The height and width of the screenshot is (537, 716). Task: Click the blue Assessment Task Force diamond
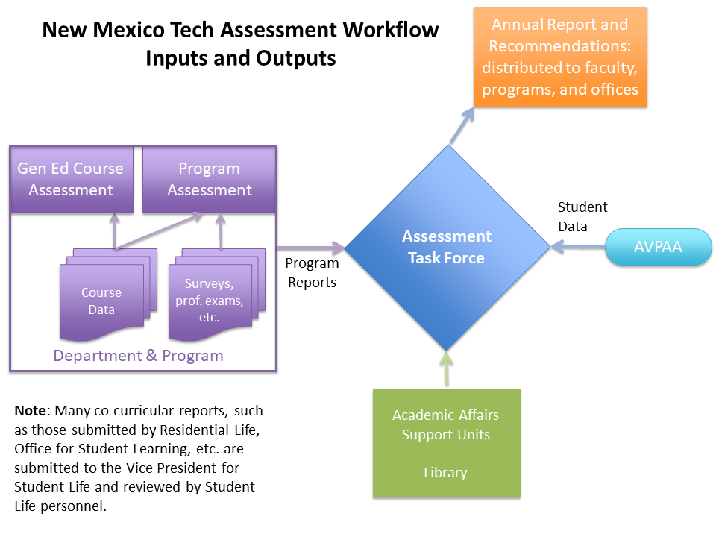(447, 248)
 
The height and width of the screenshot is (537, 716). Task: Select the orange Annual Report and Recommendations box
(560, 57)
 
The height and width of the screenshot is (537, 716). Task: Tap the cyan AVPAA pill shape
(658, 247)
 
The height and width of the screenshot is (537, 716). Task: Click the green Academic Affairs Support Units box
(447, 443)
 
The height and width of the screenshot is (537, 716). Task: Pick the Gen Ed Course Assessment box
(72, 180)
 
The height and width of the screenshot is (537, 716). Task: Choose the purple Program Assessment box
(209, 180)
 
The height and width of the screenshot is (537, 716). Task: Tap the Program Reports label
(312, 273)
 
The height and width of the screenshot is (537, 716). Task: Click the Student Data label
(582, 216)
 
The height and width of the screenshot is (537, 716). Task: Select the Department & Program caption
(139, 355)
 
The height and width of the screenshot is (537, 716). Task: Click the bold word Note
(30, 410)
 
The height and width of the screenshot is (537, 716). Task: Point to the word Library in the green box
(445, 473)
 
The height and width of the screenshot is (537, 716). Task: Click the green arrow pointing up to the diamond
(447, 369)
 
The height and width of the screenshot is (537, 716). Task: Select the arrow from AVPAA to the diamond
(578, 247)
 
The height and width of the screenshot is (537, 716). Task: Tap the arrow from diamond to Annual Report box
(462, 126)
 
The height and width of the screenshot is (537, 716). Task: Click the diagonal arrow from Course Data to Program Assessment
(160, 230)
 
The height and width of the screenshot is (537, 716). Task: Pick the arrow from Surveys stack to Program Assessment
(221, 232)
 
